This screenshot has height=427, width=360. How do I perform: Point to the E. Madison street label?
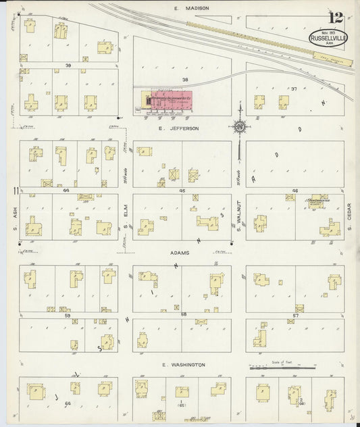tap(191, 8)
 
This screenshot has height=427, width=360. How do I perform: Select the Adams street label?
tap(180, 252)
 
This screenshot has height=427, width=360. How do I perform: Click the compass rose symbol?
tap(239, 126)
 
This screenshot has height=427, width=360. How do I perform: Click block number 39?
tap(68, 65)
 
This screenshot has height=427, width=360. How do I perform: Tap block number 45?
tap(182, 191)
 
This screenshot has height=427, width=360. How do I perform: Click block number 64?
tap(68, 403)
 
